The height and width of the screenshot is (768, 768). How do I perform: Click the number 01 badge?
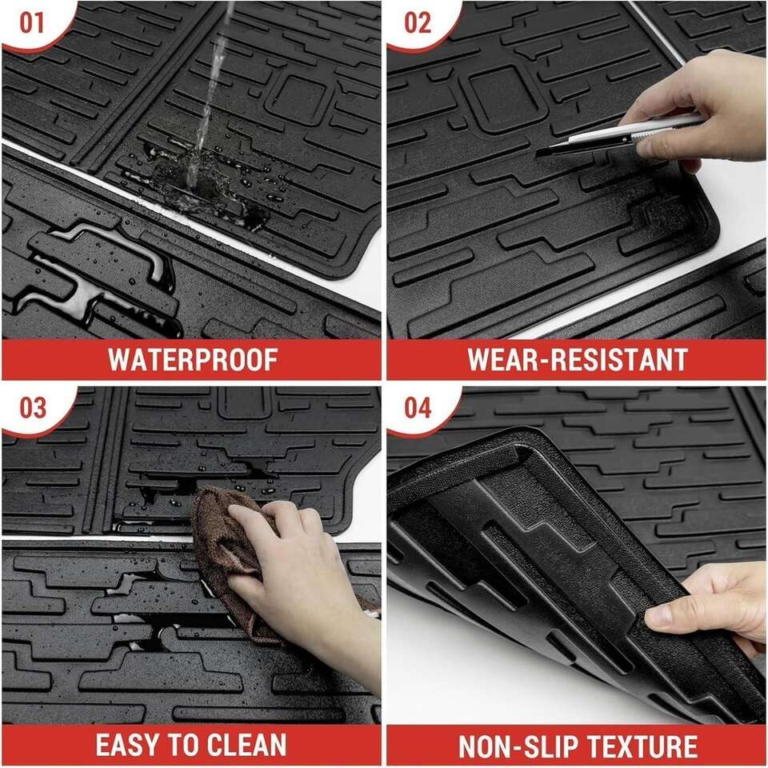click(x=31, y=23)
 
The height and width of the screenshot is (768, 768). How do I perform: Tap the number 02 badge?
click(x=418, y=23)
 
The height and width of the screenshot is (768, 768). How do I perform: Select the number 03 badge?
click(x=32, y=408)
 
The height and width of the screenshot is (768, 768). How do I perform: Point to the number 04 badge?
click(x=418, y=408)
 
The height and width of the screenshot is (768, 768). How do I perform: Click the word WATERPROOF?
click(x=193, y=359)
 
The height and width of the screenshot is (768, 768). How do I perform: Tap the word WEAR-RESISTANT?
click(x=578, y=359)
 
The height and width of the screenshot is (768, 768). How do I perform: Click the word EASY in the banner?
click(x=127, y=745)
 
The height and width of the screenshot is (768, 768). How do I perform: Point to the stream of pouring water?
click(x=208, y=93)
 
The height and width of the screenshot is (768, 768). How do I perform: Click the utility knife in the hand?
click(x=618, y=136)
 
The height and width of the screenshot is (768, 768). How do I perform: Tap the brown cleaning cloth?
click(x=230, y=558)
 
